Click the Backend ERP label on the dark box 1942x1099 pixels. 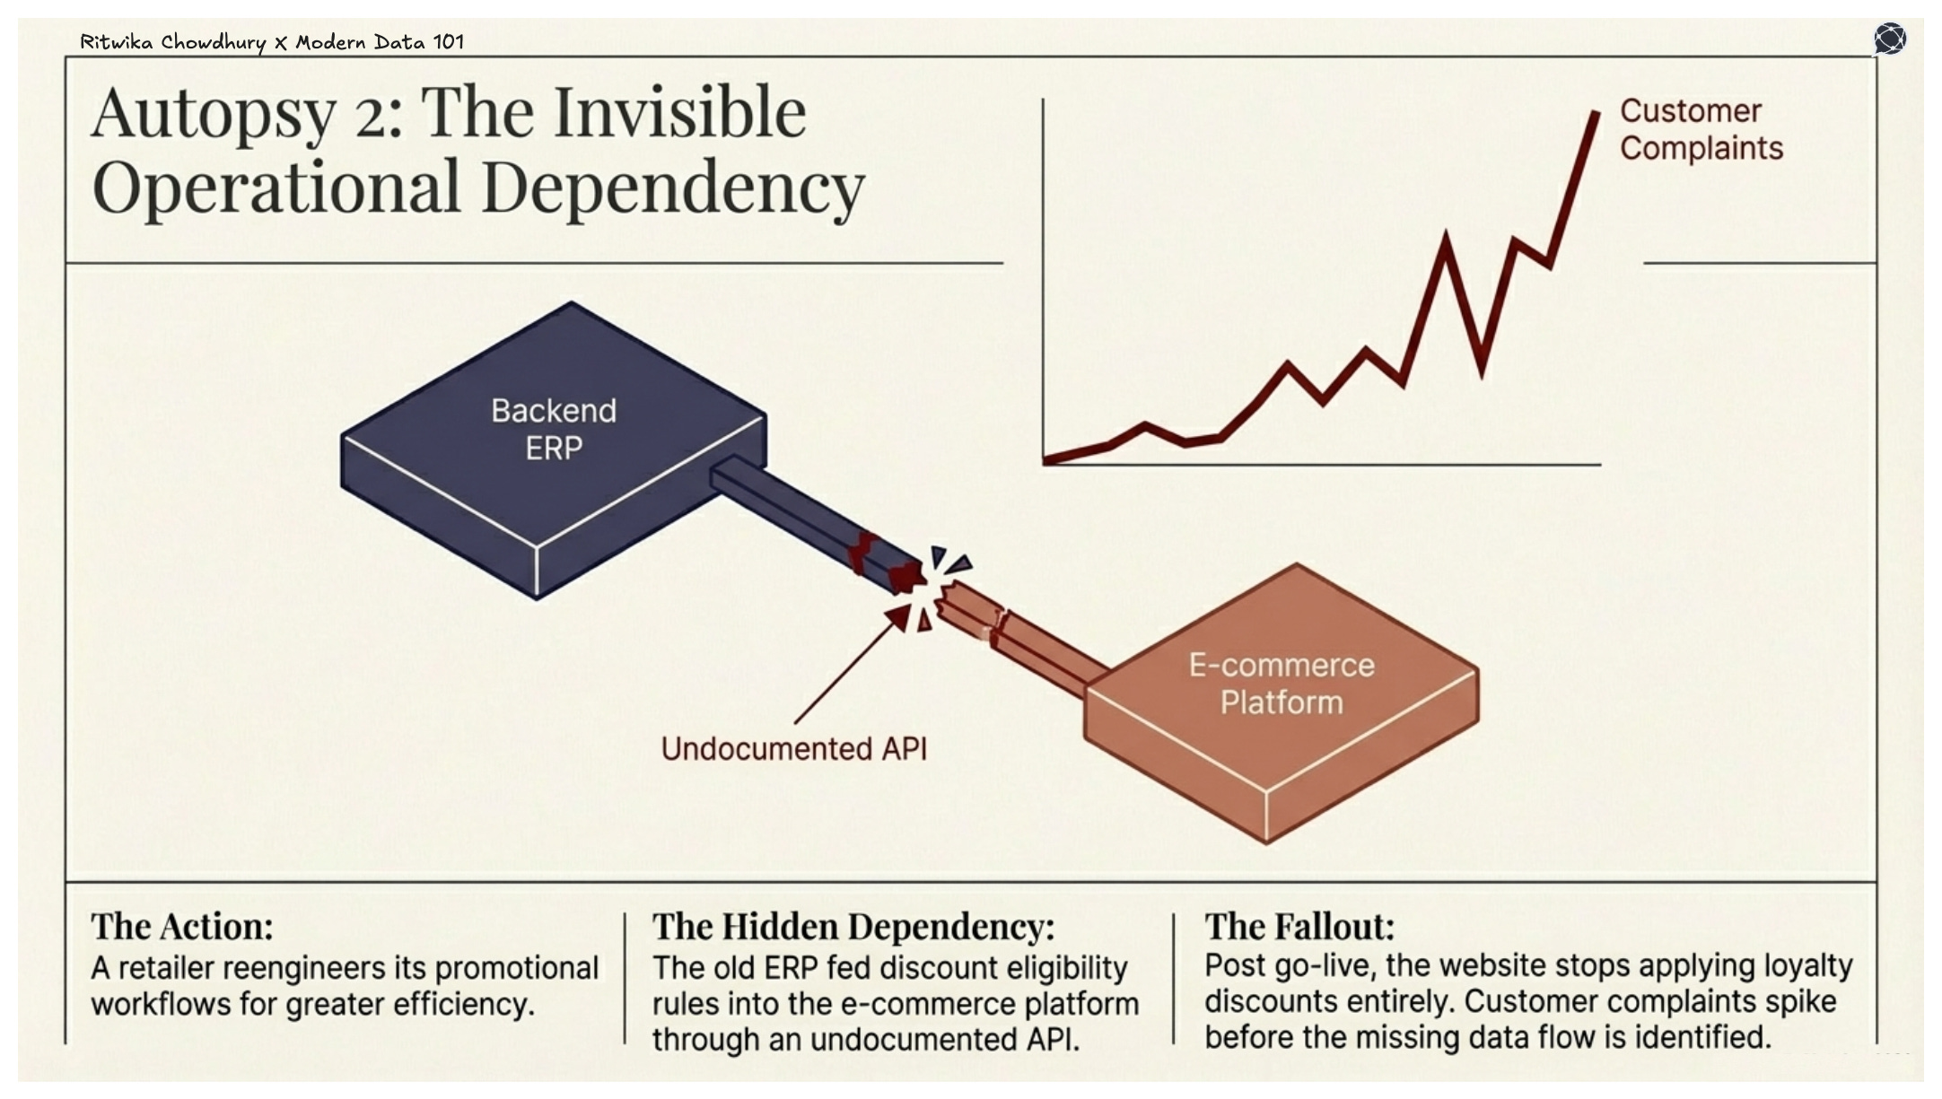[x=554, y=429]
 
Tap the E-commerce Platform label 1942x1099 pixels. [x=1282, y=684]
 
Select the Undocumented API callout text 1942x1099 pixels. [x=793, y=749]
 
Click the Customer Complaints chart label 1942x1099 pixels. [x=1701, y=129]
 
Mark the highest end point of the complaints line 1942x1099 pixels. [x=1596, y=113]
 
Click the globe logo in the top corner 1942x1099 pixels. [x=1890, y=39]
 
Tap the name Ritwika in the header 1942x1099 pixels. [x=117, y=41]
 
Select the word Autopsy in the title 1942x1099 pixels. [x=214, y=114]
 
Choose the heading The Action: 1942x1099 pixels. [x=182, y=926]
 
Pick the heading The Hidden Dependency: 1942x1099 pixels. [x=853, y=926]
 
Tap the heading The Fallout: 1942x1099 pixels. [x=1299, y=926]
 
